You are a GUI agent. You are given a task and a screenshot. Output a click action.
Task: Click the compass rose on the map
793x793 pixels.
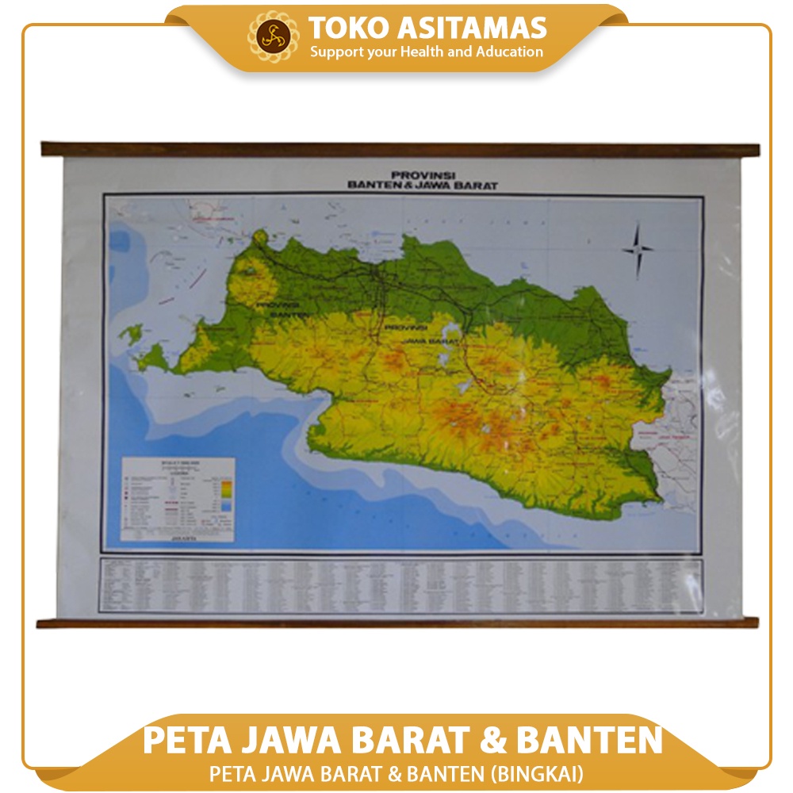pyautogui.click(x=638, y=250)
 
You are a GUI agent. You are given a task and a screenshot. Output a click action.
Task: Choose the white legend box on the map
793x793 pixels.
pyautogui.click(x=178, y=499)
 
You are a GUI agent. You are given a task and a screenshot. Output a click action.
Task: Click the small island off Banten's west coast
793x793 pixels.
pyautogui.click(x=130, y=332)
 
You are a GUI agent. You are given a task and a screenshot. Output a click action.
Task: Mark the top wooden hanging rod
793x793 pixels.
pyautogui.click(x=400, y=149)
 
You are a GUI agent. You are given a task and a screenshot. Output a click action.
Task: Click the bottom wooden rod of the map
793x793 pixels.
pyautogui.click(x=396, y=623)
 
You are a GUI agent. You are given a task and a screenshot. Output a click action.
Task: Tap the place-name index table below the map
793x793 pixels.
pyautogui.click(x=400, y=584)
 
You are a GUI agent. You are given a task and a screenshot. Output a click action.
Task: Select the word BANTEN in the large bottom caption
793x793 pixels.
pyautogui.click(x=589, y=740)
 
